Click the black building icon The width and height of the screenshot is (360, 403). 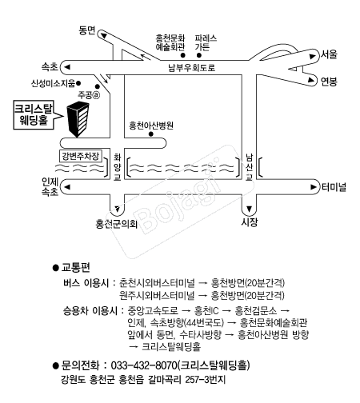pos(78,119)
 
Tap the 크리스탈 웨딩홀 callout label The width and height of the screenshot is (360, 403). pos(34,115)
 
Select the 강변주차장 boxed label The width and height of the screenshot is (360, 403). pos(81,156)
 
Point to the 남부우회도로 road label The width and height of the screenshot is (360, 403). pos(191,67)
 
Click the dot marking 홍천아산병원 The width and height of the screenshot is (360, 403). pos(151,134)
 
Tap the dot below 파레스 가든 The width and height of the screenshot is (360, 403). pos(199,55)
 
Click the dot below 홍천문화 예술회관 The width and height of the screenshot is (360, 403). pos(183,55)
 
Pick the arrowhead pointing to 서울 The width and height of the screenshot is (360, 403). pos(312,56)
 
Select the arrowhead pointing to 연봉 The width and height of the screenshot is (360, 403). pos(311,80)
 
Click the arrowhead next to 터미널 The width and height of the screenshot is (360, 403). pos(314,187)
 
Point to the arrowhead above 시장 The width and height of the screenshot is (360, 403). pos(249,209)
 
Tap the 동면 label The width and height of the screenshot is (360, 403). pos(87,30)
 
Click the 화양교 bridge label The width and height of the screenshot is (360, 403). pos(117,167)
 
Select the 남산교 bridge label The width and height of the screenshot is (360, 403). pos(249,167)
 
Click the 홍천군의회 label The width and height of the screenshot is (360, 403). pos(117,224)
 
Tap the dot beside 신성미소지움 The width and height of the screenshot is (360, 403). pos(78,83)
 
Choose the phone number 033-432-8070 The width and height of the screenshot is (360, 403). pos(144,365)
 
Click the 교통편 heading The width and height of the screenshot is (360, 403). pos(76,267)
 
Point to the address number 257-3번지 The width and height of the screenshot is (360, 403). pos(206,379)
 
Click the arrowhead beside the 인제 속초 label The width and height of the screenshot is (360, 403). pos(67,187)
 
